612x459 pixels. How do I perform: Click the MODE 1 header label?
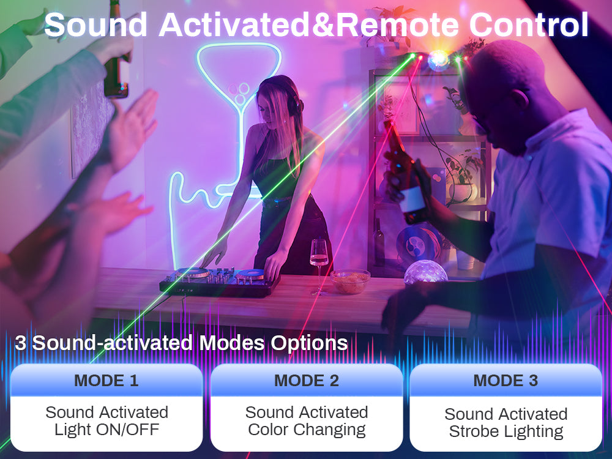(106, 381)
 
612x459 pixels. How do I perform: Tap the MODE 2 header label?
(307, 381)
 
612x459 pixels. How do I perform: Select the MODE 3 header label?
(506, 381)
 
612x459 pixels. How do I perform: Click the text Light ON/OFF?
(106, 430)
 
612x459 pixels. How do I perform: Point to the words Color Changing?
(307, 430)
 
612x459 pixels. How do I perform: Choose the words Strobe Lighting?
(506, 431)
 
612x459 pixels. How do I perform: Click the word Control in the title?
(529, 24)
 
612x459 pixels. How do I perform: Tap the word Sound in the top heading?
(95, 24)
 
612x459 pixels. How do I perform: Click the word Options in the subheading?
(309, 343)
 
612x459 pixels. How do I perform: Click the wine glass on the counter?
(319, 266)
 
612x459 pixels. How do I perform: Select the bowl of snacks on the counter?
(350, 281)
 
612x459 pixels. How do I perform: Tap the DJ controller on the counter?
(219, 282)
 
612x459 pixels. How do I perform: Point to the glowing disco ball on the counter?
(425, 272)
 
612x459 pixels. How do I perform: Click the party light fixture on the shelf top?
(438, 61)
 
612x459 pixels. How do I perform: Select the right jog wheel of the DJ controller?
(250, 274)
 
